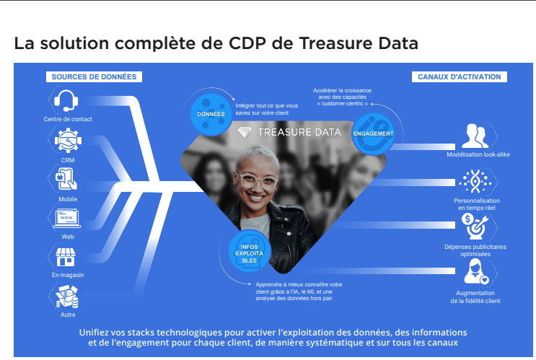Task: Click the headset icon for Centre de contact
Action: (x=66, y=100)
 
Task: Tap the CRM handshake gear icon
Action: (x=68, y=140)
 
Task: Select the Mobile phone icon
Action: (x=67, y=179)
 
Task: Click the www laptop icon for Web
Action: (x=67, y=219)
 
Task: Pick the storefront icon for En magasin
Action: (x=66, y=257)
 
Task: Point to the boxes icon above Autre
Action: (x=67, y=297)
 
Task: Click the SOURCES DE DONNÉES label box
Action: (x=94, y=77)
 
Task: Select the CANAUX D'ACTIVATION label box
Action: (x=460, y=77)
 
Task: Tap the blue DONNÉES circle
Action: (x=211, y=114)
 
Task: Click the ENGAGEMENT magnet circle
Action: (x=373, y=133)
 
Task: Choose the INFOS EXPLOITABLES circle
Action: (x=250, y=253)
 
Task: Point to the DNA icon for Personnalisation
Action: (x=475, y=182)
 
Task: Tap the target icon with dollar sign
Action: (x=475, y=226)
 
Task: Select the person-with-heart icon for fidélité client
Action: (x=476, y=272)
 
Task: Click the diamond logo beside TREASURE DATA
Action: (x=245, y=132)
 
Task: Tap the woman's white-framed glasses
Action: (x=258, y=181)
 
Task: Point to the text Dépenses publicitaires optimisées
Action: (x=475, y=250)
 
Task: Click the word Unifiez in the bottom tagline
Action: (x=97, y=333)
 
